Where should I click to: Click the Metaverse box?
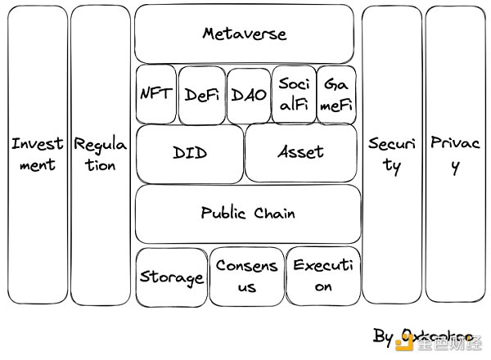[245, 34]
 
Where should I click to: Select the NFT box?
[155, 93]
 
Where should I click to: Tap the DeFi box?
[200, 94]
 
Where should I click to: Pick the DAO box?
[249, 94]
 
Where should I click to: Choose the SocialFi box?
[293, 93]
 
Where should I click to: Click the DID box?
[190, 153]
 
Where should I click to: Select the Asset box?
[301, 153]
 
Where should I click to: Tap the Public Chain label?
[247, 213]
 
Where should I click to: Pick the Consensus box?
[246, 276]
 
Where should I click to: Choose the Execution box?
[323, 276]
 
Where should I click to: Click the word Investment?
[37, 154]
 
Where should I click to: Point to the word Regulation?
[101, 154]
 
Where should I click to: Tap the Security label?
[392, 154]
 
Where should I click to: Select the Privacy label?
[455, 154]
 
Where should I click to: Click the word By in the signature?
[383, 336]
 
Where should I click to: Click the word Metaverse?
[245, 34]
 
